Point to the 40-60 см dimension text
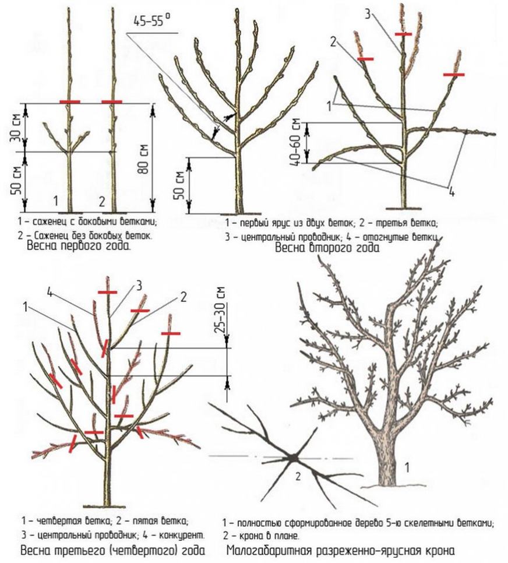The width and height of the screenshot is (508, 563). [297, 143]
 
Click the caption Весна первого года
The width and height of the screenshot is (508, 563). [79, 247]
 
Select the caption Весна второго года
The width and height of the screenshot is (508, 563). [327, 248]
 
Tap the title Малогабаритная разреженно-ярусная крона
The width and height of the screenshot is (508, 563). [341, 550]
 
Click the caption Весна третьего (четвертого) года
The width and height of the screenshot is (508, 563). [113, 551]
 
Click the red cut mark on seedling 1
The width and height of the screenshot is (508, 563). [70, 102]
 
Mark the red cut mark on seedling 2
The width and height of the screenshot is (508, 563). [112, 102]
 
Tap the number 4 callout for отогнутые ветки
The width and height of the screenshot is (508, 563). [451, 192]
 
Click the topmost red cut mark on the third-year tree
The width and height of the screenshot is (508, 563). [107, 292]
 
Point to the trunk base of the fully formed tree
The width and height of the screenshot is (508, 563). [393, 477]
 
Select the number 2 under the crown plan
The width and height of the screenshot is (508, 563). [298, 477]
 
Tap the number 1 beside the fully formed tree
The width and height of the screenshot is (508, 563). [407, 467]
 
